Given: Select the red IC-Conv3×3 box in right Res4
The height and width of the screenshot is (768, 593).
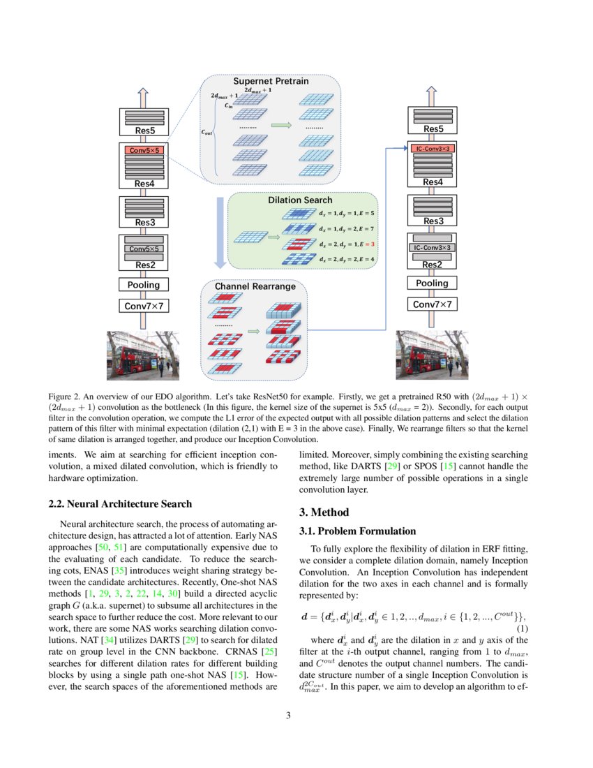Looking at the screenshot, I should click(433, 149).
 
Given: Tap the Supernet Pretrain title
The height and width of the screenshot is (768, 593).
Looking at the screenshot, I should click(271, 81).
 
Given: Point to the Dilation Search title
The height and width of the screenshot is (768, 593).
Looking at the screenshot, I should click(300, 200).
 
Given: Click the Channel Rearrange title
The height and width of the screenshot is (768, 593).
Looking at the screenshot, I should click(255, 286).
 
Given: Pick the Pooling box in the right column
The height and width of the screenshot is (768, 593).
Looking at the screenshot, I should click(433, 283).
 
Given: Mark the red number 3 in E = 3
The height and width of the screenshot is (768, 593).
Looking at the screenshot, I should click(373, 244).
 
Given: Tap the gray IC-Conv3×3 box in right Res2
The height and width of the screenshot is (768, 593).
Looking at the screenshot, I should click(433, 247).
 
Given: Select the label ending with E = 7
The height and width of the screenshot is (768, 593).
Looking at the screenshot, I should click(347, 229).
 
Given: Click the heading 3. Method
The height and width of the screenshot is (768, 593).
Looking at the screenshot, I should click(321, 512).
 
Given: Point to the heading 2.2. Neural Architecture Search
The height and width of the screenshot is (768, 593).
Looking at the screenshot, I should click(120, 503).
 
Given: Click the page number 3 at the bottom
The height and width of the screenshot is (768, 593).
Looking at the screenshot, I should click(296, 715).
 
